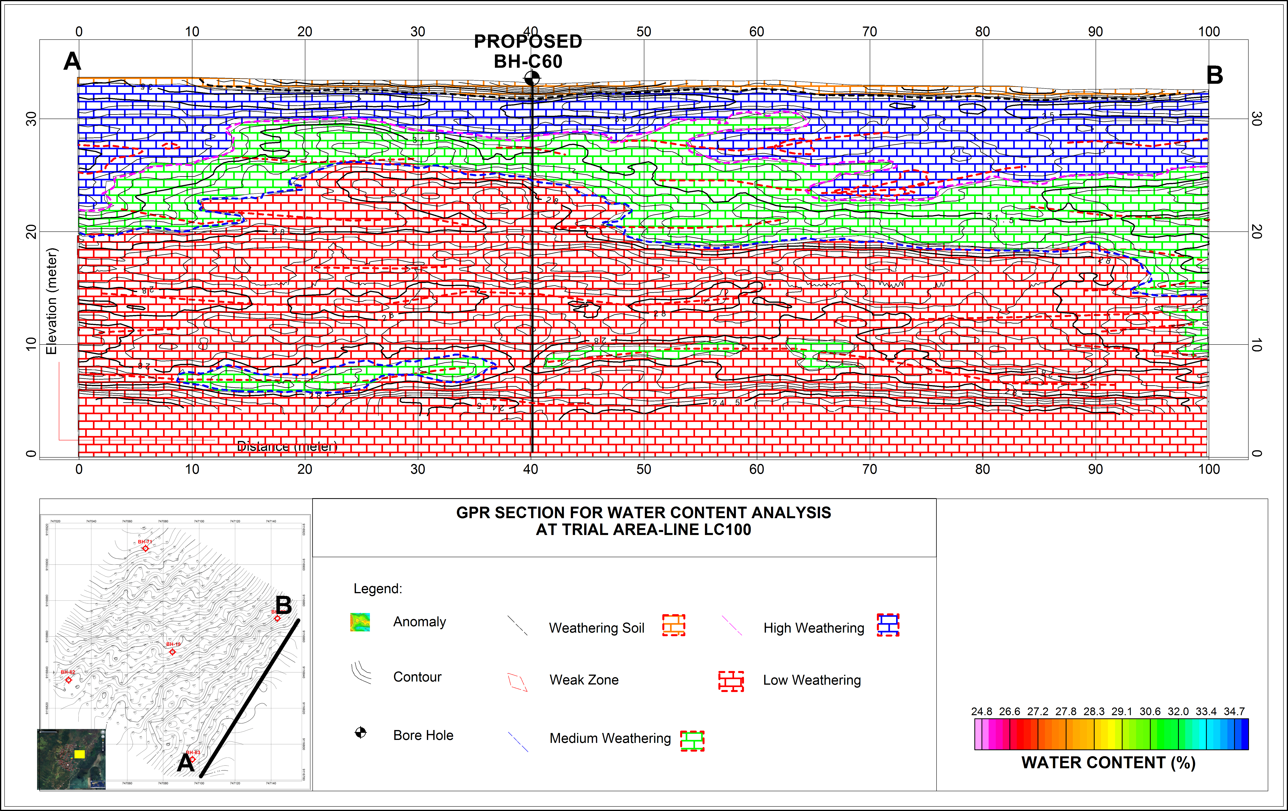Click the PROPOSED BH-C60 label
click(x=528, y=51)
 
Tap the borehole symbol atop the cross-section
click(x=532, y=79)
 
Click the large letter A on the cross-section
click(x=72, y=62)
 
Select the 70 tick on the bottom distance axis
click(x=869, y=469)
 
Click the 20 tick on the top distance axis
click(x=305, y=31)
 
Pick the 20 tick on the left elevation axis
click(x=31, y=231)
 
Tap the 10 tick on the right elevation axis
click(x=1256, y=345)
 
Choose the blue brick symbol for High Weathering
click(x=888, y=625)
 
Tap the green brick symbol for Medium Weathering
click(x=692, y=741)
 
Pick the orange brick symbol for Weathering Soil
click(x=674, y=625)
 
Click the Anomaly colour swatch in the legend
click(x=360, y=622)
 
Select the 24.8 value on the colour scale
click(x=982, y=712)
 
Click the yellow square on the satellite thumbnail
click(x=79, y=754)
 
